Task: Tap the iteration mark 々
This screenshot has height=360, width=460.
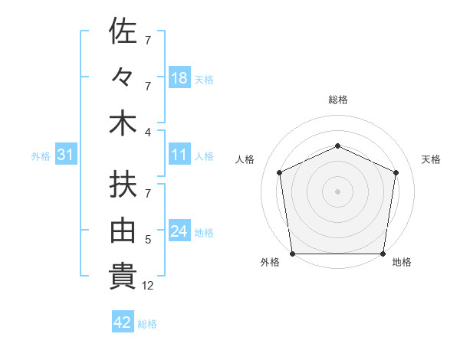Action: [123, 77]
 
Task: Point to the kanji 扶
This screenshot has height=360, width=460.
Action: [123, 185]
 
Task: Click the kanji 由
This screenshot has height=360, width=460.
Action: [123, 231]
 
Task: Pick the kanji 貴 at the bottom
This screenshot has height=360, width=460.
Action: [123, 277]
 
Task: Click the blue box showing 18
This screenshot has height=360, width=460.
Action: [179, 78]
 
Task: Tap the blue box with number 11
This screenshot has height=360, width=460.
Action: [179, 155]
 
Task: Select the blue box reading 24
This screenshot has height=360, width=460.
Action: [179, 231]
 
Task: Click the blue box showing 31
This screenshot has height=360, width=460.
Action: [65, 155]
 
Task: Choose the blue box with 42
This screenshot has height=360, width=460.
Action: [123, 322]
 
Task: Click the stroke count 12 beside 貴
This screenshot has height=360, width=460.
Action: [148, 286]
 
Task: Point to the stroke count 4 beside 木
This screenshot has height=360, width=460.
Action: [148, 132]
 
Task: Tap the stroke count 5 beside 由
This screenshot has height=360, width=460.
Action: [148, 240]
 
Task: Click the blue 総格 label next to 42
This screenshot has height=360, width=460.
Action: [147, 324]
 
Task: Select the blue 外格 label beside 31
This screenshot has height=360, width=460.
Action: [41, 156]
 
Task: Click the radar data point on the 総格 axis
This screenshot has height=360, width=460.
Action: [337, 146]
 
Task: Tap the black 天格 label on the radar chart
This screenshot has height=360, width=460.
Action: [432, 159]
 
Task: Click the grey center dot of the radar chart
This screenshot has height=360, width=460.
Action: [337, 191]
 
